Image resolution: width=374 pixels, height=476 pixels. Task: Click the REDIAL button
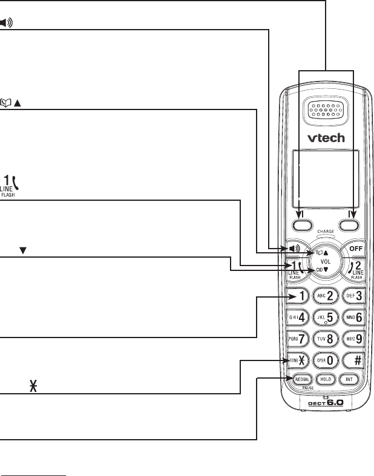302,380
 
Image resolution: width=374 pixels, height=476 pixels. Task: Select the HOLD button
327,380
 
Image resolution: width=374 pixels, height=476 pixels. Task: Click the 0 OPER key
327,359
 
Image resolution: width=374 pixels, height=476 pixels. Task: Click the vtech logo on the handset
326,137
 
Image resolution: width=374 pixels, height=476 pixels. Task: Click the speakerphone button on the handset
295,249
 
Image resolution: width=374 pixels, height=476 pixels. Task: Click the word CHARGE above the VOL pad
326,232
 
